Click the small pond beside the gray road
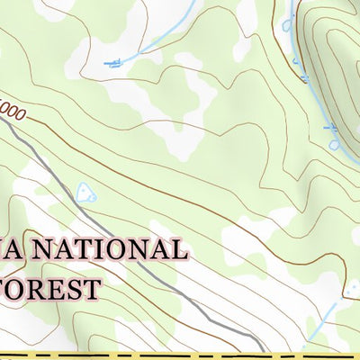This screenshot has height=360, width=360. coord(86,192)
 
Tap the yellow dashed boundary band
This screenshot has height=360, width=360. coord(180,355)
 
